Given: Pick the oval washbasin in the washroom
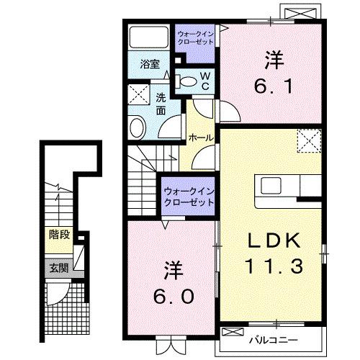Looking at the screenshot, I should [x=138, y=127].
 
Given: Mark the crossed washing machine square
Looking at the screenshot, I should [x=137, y=95].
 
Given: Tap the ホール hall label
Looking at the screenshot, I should [x=199, y=137].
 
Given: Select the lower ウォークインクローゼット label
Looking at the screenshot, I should [x=189, y=197].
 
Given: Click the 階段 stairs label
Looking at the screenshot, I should [x=58, y=233].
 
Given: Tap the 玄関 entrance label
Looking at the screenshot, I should [x=57, y=267].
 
